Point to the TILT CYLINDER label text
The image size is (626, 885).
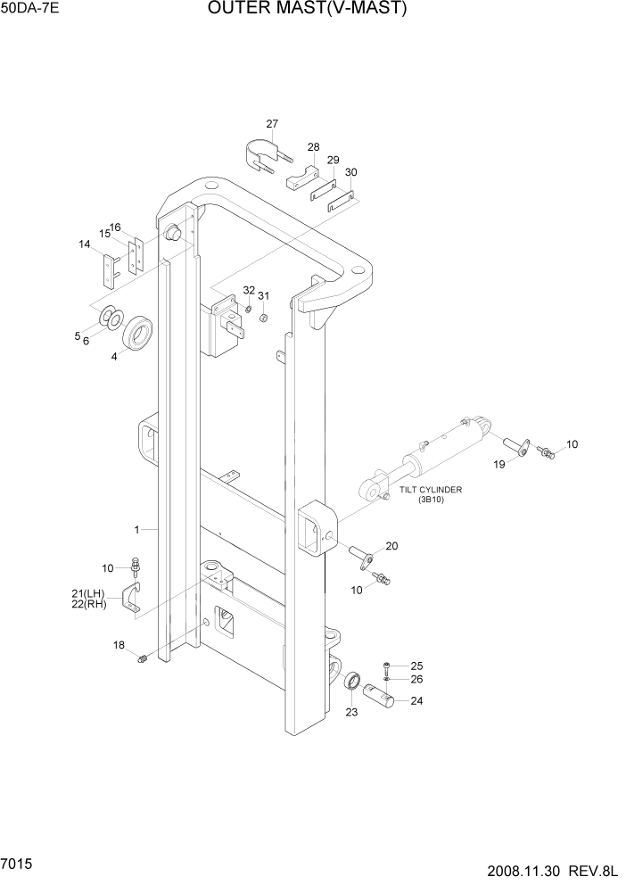(x=431, y=490)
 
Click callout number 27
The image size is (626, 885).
(x=271, y=124)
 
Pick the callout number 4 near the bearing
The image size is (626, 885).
(x=113, y=357)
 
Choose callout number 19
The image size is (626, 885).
(x=500, y=464)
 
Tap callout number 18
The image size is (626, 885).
(x=119, y=644)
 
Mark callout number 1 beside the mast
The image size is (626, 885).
(x=136, y=530)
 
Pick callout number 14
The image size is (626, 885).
(x=84, y=244)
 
